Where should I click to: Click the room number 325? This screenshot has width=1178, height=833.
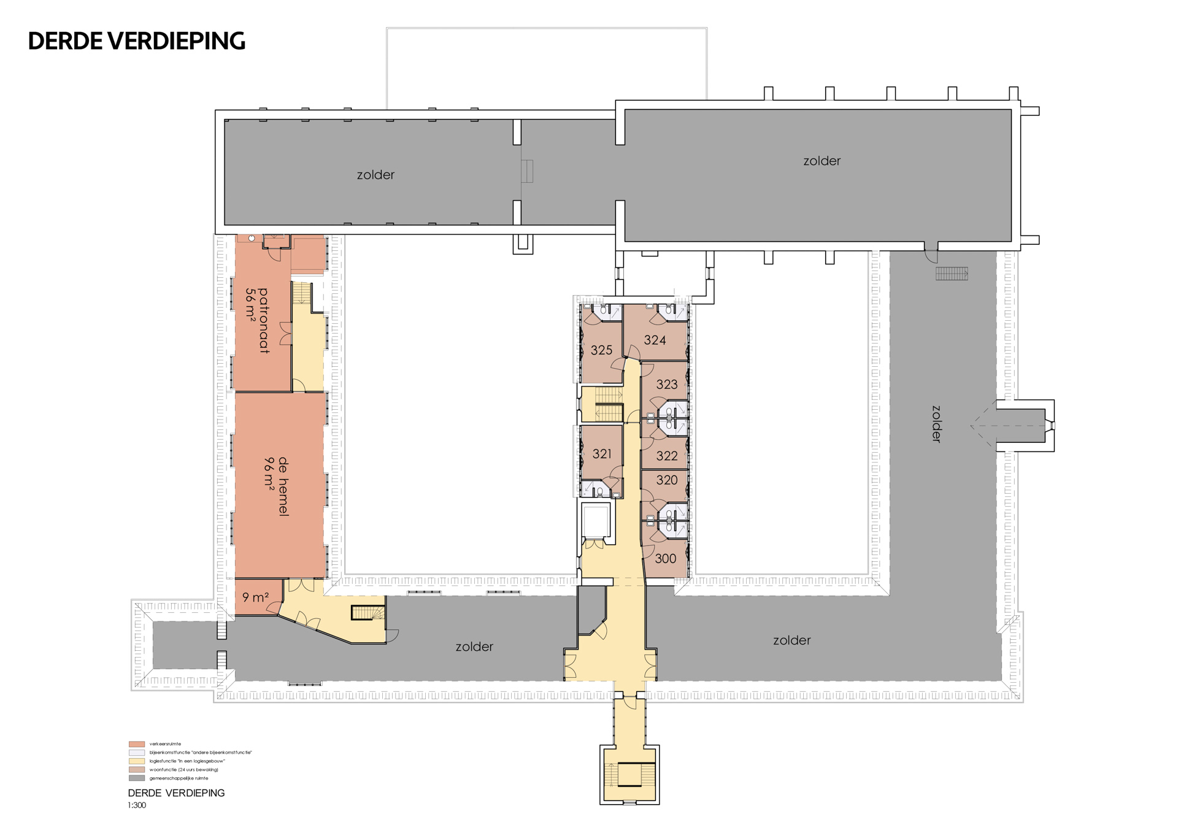[x=601, y=350]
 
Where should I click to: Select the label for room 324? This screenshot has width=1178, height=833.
[x=655, y=340]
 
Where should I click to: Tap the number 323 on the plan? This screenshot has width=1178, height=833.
[x=667, y=385]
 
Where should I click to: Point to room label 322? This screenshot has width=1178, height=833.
[x=667, y=456]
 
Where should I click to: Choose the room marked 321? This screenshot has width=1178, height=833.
[x=602, y=454]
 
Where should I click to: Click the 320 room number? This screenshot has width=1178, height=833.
[x=667, y=480]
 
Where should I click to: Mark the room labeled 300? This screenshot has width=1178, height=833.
[x=666, y=559]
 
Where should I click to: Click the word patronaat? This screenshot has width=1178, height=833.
[x=264, y=321]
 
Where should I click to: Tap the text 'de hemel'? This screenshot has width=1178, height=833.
[x=283, y=486]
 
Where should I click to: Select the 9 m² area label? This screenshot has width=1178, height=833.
[x=256, y=597]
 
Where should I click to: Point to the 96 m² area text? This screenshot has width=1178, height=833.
[x=269, y=472]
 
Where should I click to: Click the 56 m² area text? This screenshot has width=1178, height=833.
[x=250, y=303]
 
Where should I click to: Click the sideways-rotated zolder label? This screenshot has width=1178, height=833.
[x=936, y=424]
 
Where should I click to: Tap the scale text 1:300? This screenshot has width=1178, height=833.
[x=137, y=805]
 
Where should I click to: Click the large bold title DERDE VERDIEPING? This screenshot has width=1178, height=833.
[x=137, y=41]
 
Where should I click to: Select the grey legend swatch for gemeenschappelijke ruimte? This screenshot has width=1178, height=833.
[x=137, y=778]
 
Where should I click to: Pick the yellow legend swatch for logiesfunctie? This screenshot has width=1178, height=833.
[x=137, y=761]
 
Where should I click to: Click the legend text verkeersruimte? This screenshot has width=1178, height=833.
[x=165, y=744]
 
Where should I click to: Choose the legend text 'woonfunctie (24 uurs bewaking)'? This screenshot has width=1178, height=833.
[x=183, y=770]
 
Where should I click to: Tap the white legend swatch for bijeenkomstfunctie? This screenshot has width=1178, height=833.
[x=137, y=753]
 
